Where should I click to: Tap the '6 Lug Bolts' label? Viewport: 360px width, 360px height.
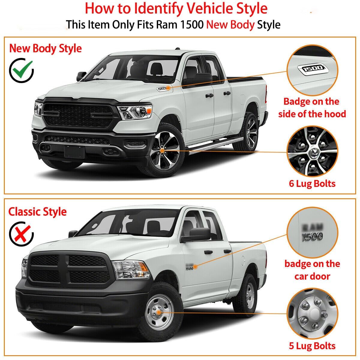tap(312, 183)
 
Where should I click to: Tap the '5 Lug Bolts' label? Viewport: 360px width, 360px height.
tap(312, 346)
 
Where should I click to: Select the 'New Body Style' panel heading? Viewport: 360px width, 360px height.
tap(45, 48)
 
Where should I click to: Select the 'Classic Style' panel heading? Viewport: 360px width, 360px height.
tap(37, 212)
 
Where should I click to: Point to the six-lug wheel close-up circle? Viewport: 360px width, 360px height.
tap(312, 151)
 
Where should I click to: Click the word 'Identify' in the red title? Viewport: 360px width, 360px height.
tap(158, 8)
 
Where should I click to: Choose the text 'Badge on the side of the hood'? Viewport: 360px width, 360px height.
tap(312, 108)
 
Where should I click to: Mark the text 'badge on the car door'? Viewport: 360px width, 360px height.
tap(312, 270)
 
